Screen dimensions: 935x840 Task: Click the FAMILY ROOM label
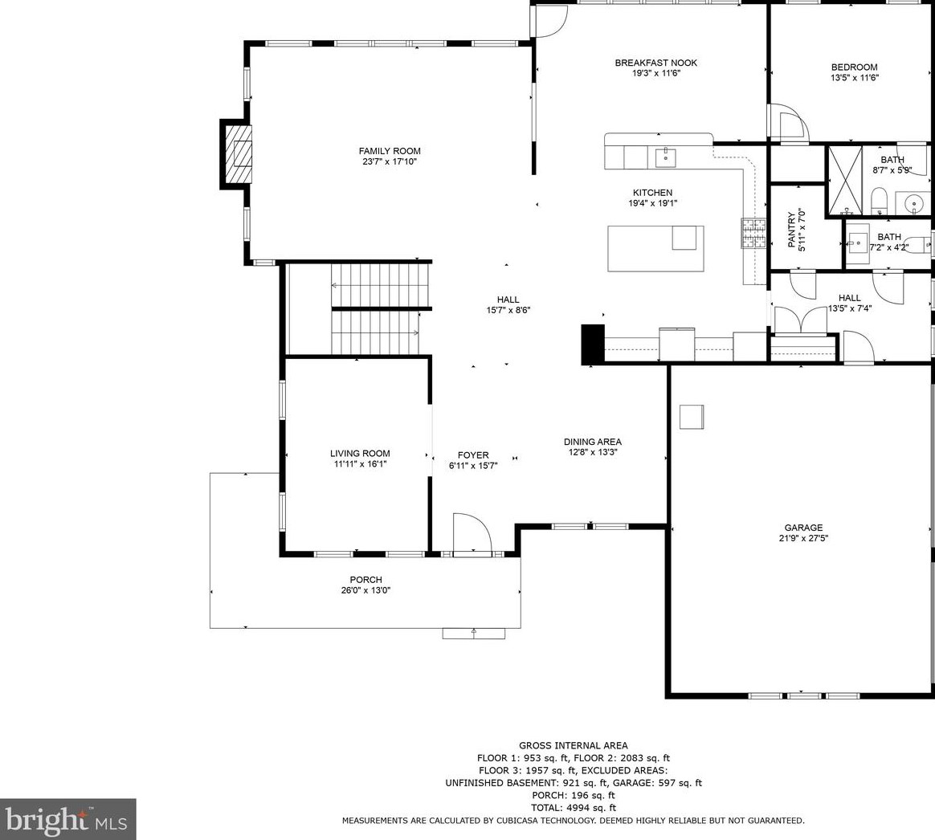(x=390, y=152)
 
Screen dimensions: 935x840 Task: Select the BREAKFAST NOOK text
(x=656, y=63)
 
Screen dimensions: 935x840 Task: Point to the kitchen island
(x=656, y=248)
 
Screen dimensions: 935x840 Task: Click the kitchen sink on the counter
(x=665, y=158)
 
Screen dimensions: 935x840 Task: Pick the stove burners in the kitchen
(x=753, y=233)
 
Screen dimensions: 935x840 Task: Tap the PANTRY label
(x=791, y=230)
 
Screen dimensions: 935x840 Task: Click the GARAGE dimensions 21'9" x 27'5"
(x=803, y=538)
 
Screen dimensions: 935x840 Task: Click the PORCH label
(x=366, y=580)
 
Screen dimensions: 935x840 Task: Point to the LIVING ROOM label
(x=360, y=453)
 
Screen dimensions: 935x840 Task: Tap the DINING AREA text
(x=593, y=442)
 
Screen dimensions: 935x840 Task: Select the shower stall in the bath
(x=843, y=180)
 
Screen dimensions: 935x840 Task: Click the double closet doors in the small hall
(x=800, y=319)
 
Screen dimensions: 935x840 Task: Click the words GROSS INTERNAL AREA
(x=573, y=745)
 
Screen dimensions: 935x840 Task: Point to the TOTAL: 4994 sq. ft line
(x=574, y=809)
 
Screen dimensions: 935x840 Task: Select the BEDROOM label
(x=855, y=67)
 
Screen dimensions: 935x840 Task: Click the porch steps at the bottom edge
(x=473, y=633)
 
